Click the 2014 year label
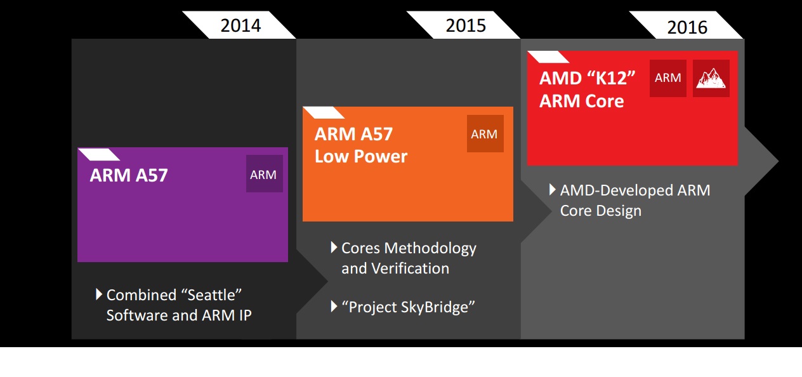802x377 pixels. tap(240, 25)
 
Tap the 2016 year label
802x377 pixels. tap(687, 27)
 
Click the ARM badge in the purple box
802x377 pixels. tap(264, 174)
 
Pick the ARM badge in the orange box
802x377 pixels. tap(485, 133)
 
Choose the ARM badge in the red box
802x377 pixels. tap(668, 78)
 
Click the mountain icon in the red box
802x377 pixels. tap(711, 78)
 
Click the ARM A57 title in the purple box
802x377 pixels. tap(129, 175)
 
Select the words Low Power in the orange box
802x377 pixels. tap(361, 157)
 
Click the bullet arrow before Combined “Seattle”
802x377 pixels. tap(99, 294)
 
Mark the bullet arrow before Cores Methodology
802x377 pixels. tap(334, 248)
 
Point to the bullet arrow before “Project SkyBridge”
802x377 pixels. tap(334, 306)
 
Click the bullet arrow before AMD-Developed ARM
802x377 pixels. tap(553, 189)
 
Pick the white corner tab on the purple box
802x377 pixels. tap(99, 154)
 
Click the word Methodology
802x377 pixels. tap(430, 249)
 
